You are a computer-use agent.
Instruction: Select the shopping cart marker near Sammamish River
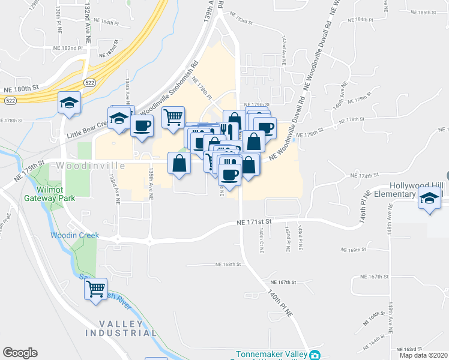(96, 289)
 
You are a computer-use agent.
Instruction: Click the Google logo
(20, 353)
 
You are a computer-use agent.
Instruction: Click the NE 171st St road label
(255, 222)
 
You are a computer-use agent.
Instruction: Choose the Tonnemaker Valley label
(271, 354)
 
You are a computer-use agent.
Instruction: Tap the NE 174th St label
(361, 176)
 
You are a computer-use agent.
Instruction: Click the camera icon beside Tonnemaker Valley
(315, 355)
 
